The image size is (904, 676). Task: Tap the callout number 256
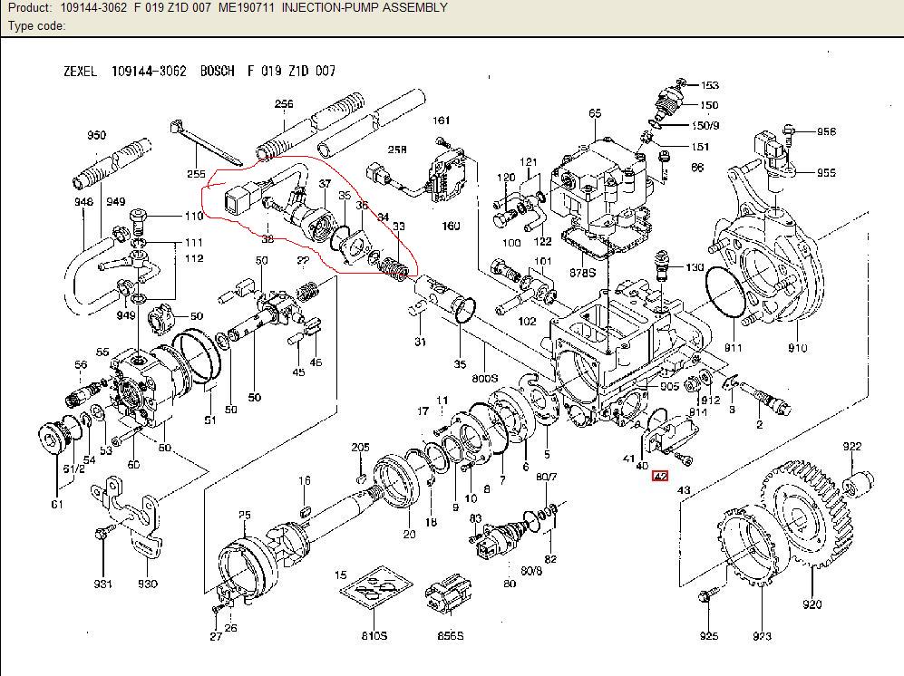click(x=284, y=104)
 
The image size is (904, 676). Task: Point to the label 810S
click(x=374, y=636)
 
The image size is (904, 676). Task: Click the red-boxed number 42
click(x=660, y=476)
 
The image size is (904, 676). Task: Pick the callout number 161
click(x=441, y=121)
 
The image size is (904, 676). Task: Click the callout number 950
click(x=96, y=136)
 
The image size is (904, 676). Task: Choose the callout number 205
click(x=360, y=448)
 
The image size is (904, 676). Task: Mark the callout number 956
click(x=826, y=131)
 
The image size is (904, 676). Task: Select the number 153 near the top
click(x=709, y=85)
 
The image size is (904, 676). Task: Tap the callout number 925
click(x=708, y=636)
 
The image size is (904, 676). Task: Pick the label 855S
click(x=450, y=636)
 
